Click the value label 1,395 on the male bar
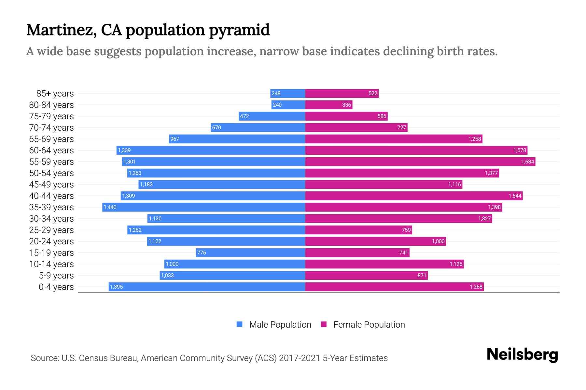pyautogui.click(x=117, y=287)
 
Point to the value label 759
pyautogui.click(x=406, y=230)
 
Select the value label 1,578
pyautogui.click(x=520, y=150)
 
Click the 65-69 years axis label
pyautogui.click(x=51, y=139)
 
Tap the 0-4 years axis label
pyautogui.click(x=56, y=287)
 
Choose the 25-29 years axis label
pyautogui.click(x=51, y=230)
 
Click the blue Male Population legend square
pyautogui.click(x=240, y=324)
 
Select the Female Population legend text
pyautogui.click(x=369, y=324)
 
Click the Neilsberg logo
pyautogui.click(x=522, y=355)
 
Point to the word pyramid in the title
pyautogui.click(x=239, y=30)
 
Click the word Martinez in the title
pyautogui.click(x=61, y=30)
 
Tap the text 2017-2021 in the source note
pyautogui.click(x=300, y=358)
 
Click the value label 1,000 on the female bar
pyautogui.click(x=438, y=241)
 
